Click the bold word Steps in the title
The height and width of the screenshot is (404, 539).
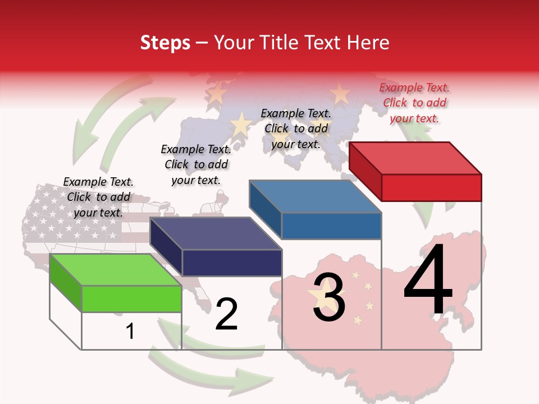point(165,43)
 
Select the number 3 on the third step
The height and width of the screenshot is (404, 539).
point(329,297)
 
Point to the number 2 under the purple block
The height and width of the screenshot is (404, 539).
point(226,314)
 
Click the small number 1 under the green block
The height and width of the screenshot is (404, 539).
point(130,331)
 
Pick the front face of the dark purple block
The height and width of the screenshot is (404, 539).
point(232,263)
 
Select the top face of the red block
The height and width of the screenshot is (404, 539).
point(415,158)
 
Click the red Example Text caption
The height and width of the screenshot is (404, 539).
point(414,103)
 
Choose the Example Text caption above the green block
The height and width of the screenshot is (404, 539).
point(98,197)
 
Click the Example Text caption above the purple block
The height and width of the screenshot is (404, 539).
point(196,164)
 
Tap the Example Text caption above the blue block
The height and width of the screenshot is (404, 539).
point(296,128)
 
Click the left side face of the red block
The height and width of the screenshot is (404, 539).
point(365,171)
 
